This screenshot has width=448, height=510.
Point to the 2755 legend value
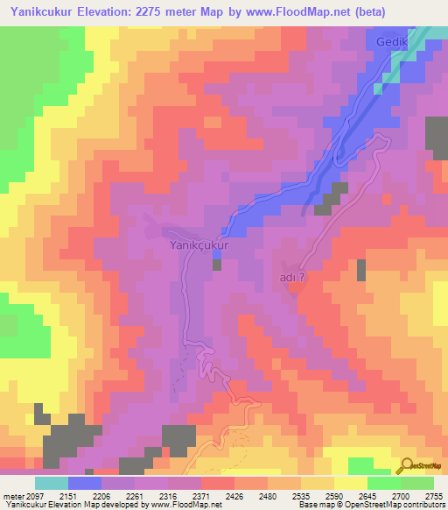point(430,496)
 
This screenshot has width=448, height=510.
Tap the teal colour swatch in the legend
point(52,483)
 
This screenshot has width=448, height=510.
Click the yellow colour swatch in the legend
point(350,483)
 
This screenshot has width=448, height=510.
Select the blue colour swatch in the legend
point(85,483)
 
